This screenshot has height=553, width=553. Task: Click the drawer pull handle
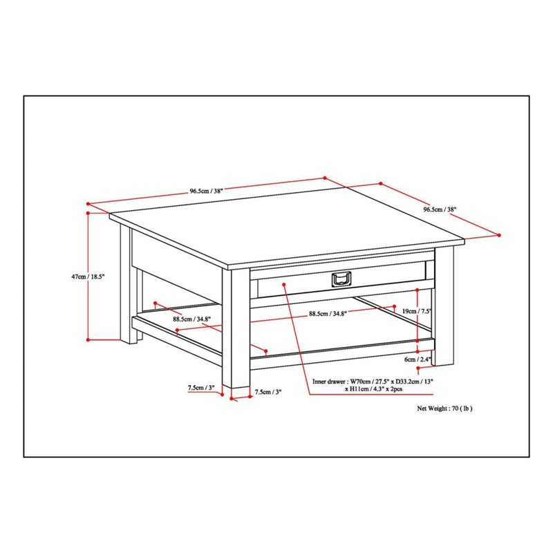341,279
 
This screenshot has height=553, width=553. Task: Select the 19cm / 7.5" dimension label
418,311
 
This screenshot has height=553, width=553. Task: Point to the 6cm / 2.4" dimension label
418,359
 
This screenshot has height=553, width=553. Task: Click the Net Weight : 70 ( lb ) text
444,409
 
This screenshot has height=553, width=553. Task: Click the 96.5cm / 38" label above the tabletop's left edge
207,191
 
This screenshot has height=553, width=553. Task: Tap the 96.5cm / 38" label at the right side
440,209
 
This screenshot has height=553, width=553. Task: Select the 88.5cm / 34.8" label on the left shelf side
192,319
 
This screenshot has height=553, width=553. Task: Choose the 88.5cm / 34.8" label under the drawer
328,313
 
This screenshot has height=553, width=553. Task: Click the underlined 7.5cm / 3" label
201,388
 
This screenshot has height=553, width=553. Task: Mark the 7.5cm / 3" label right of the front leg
268,391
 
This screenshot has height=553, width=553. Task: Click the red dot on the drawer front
284,284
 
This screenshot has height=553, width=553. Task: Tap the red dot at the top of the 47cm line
88,213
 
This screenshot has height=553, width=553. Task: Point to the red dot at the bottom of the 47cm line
88,339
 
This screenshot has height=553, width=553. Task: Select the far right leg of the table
443,306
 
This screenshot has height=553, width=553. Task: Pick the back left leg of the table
129,284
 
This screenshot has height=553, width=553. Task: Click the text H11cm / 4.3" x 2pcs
373,389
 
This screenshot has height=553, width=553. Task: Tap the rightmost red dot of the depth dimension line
499,235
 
